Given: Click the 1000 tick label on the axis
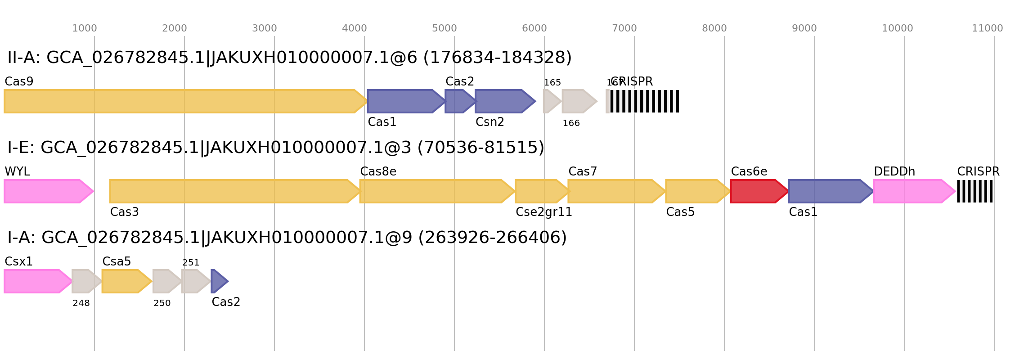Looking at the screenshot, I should (x=85, y=28).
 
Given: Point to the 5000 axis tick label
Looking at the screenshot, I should (x=445, y=28).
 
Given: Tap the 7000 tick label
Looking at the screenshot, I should (x=624, y=28).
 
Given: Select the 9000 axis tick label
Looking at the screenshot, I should (x=804, y=28).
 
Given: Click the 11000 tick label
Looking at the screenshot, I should (x=988, y=28).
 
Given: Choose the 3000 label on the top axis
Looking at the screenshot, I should (x=265, y=28).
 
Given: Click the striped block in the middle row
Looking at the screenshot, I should (x=975, y=191).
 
